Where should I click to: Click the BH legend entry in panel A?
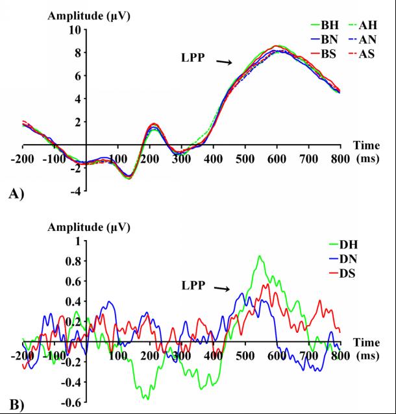325,25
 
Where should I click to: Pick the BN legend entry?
325,39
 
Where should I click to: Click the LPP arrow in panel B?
222,289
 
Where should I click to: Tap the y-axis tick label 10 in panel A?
75,30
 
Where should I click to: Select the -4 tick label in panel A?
76,191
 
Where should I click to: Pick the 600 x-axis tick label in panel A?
277,158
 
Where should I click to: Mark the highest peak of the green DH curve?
260,256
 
